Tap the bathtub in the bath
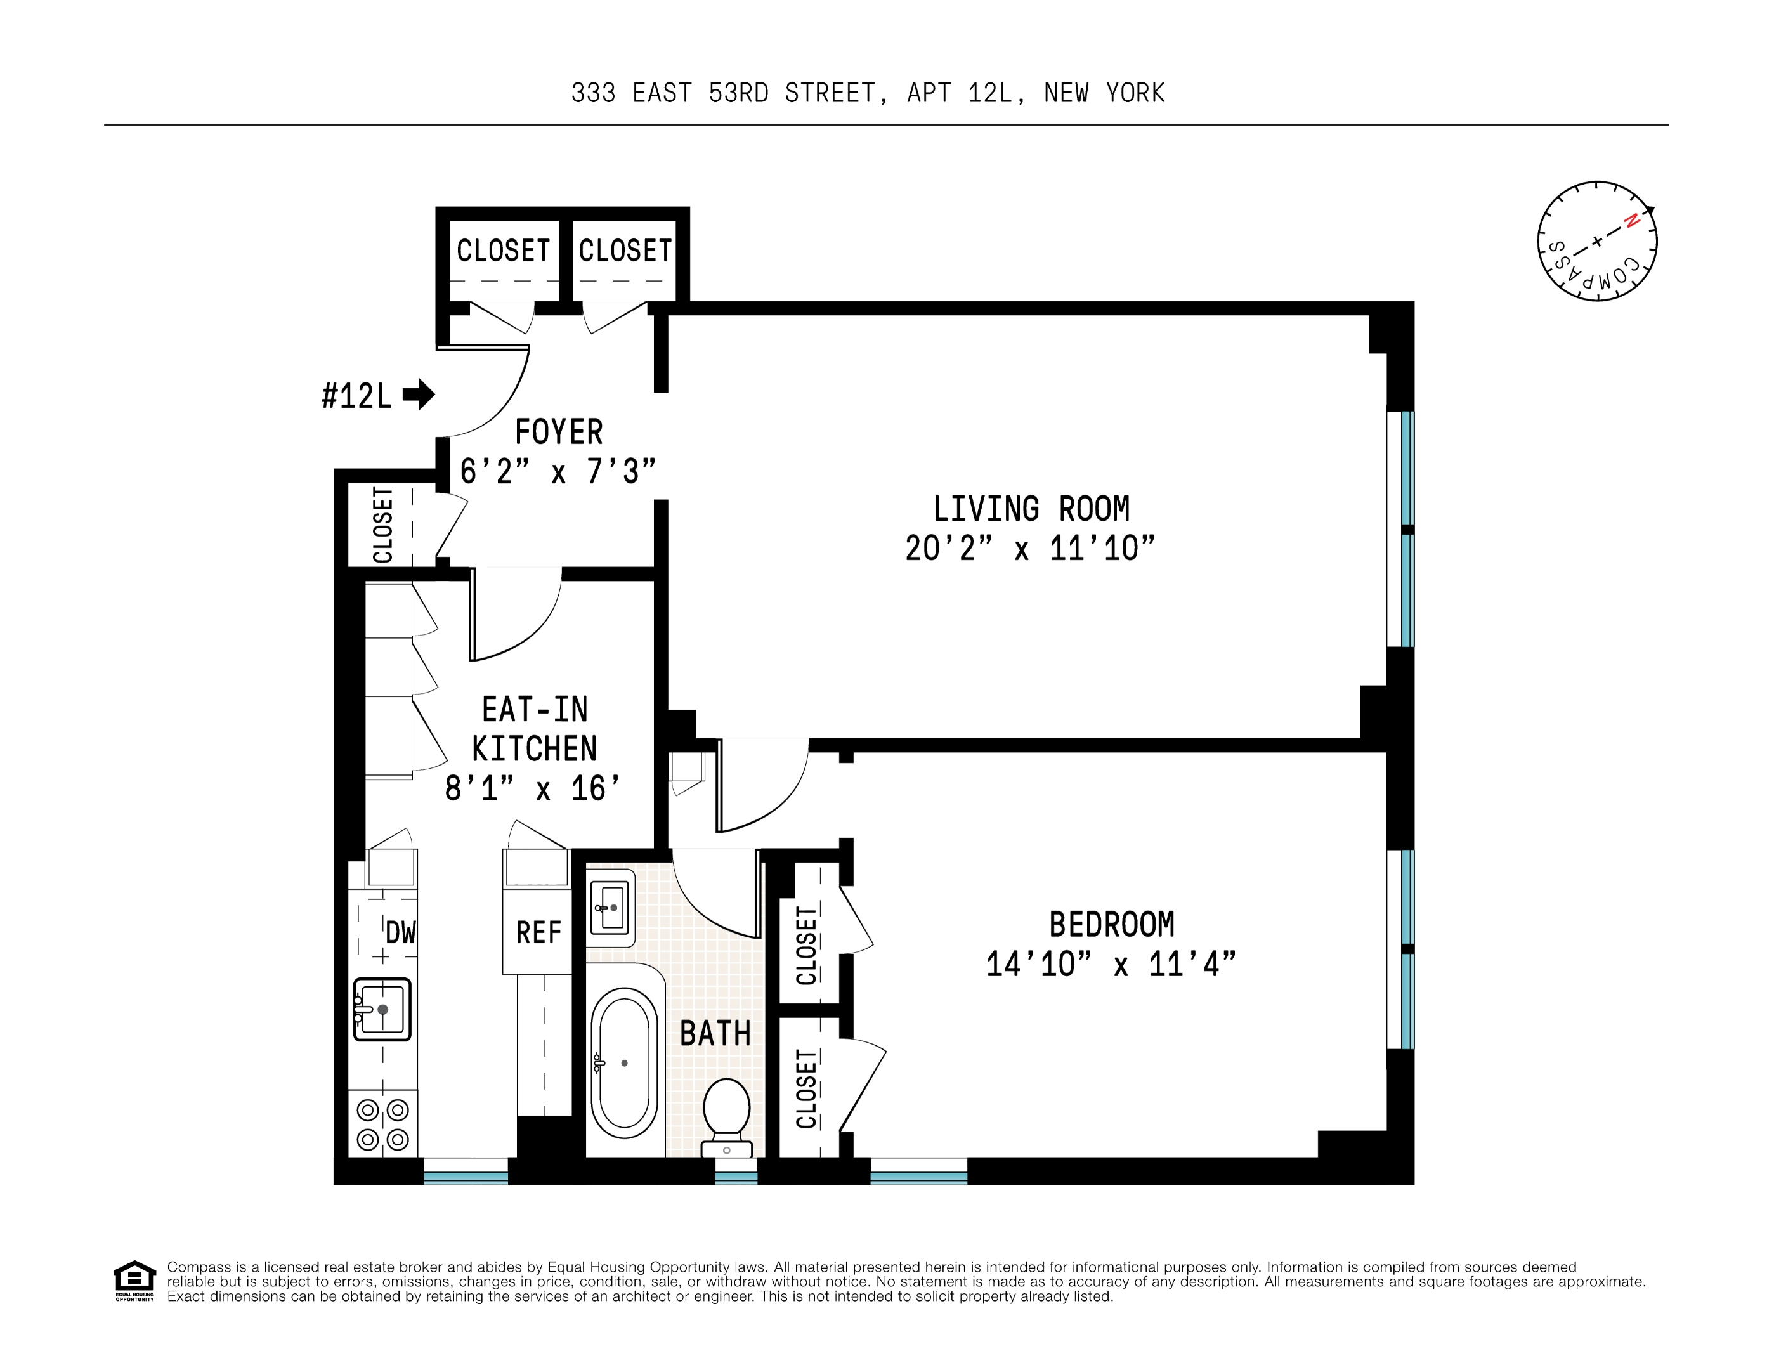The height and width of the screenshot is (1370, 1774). (624, 1062)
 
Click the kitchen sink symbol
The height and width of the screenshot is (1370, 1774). (382, 1010)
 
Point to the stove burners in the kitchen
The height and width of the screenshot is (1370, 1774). (382, 1124)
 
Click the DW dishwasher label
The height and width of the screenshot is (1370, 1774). (400, 933)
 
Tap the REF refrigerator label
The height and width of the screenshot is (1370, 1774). (538, 932)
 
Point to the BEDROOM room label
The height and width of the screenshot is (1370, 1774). (1111, 924)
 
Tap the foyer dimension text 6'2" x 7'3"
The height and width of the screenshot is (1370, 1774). (558, 472)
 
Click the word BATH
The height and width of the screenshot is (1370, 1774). (715, 1034)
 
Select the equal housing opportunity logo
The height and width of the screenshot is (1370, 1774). (134, 1281)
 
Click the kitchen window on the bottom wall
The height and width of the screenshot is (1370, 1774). (466, 1171)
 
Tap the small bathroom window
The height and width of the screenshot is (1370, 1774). (736, 1171)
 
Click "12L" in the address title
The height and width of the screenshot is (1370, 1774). (989, 93)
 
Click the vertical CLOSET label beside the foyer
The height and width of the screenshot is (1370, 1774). (382, 525)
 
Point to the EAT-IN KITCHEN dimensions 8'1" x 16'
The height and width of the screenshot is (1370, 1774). (533, 788)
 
